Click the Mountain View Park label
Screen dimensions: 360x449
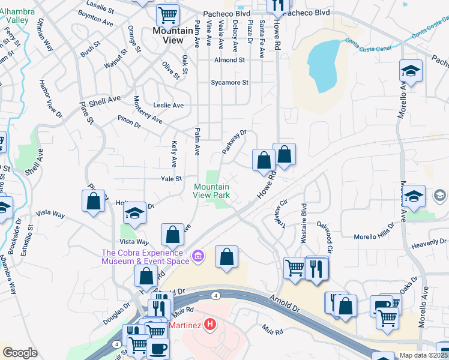click(x=211, y=191)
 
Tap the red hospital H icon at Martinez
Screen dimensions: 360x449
click(x=209, y=325)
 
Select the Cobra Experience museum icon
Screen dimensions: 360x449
click(x=199, y=257)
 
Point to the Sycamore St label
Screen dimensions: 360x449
click(x=229, y=83)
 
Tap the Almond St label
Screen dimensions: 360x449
click(x=230, y=60)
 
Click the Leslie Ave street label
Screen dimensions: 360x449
click(x=169, y=105)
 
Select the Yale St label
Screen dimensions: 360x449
click(x=171, y=179)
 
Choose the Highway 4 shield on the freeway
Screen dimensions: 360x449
click(x=214, y=295)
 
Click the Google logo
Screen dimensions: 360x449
click(x=20, y=352)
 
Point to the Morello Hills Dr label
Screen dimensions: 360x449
click(x=373, y=236)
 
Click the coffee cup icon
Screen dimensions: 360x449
click(x=158, y=349)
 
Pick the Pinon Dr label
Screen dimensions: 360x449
click(x=129, y=122)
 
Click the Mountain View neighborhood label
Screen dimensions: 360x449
click(x=169, y=35)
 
